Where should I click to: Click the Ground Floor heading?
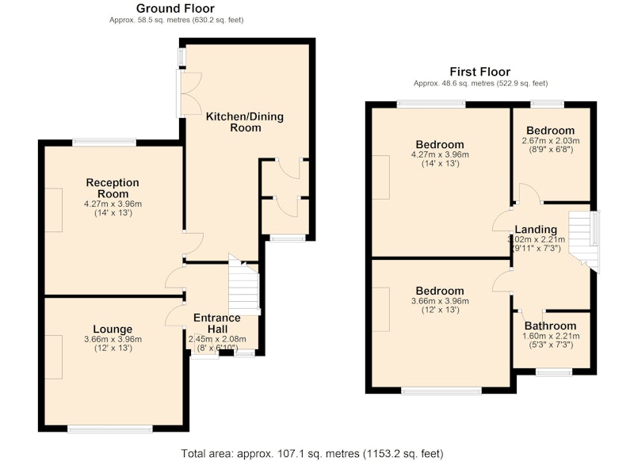[175, 9]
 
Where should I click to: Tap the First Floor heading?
[480, 72]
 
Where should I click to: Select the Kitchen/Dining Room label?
[245, 122]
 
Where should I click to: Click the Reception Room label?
[113, 188]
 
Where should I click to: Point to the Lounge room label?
[113, 330]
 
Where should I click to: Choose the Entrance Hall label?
[217, 323]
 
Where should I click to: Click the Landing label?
[536, 230]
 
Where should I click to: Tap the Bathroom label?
[550, 326]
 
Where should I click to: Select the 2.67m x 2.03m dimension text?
[551, 141]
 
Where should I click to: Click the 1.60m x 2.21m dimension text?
[551, 336]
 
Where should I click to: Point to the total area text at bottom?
[312, 454]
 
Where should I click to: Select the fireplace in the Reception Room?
[53, 210]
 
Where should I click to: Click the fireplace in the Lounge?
[53, 356]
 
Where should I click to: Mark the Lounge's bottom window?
[110, 429]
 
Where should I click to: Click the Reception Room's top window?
[105, 143]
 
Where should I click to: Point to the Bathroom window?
[554, 371]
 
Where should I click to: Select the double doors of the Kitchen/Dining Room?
[189, 93]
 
